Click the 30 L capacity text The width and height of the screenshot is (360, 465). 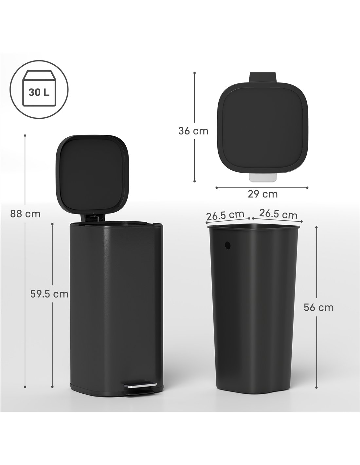(39, 93)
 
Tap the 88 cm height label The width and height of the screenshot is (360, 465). (25, 214)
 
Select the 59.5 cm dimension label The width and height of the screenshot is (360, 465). (49, 294)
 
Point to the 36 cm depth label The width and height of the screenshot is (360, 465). (193, 131)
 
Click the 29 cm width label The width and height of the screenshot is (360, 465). (262, 194)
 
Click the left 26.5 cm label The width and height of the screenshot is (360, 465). (225, 215)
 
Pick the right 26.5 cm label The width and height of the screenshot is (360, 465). (278, 214)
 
